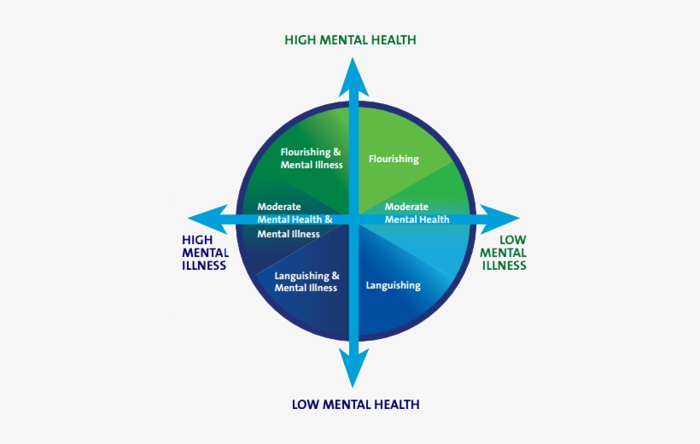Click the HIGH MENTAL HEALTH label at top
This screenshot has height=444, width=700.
click(350, 40)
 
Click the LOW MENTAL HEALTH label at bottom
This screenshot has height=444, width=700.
click(355, 404)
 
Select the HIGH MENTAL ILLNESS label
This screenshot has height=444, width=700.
click(205, 253)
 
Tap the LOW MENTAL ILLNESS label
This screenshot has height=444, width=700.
click(503, 253)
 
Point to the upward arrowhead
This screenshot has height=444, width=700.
click(351, 77)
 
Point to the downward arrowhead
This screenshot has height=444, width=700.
click(351, 366)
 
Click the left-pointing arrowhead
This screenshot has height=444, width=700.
click(205, 219)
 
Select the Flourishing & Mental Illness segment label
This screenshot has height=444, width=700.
click(312, 159)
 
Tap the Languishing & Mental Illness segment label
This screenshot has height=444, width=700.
click(306, 282)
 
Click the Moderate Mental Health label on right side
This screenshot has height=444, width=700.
click(417, 213)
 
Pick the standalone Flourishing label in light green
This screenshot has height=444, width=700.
click(394, 159)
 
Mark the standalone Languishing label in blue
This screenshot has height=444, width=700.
click(393, 285)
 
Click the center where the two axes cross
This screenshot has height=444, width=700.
click(351, 219)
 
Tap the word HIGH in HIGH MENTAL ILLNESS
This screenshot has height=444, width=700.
click(197, 240)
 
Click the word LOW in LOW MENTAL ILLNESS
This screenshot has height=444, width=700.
click(513, 240)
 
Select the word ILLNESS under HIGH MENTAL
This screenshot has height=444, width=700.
click(204, 266)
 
